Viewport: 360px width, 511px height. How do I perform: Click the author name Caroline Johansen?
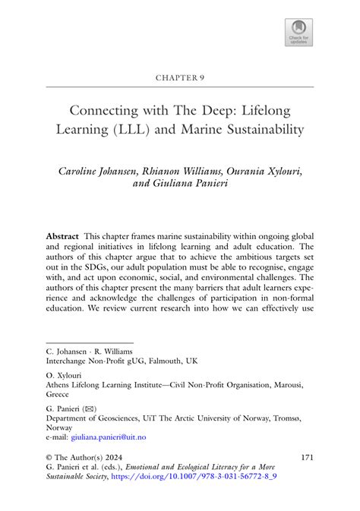[x=106, y=171]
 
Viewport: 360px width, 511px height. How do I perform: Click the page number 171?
[x=308, y=458]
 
